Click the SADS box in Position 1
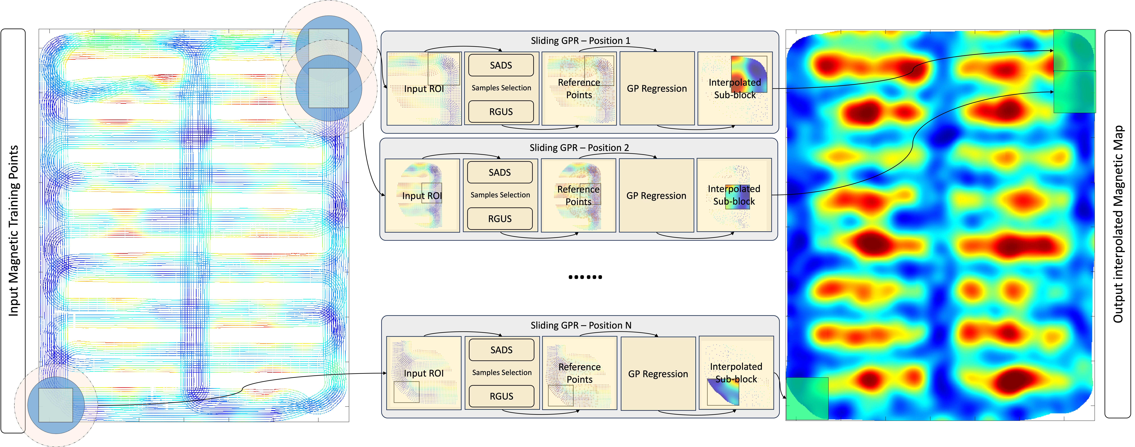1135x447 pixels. tap(501, 65)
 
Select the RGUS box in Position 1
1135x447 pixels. tap(501, 112)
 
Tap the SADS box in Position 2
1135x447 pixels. tap(500, 172)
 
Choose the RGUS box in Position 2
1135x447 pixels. tap(500, 219)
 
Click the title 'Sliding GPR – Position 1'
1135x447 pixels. tap(580, 41)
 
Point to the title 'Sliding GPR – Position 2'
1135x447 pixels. tap(579, 148)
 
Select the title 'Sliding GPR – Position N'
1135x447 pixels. tap(581, 325)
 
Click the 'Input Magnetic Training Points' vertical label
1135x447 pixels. tap(14, 231)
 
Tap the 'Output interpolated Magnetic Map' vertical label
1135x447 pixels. tap(1118, 224)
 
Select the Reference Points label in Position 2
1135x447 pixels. tap(579, 195)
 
